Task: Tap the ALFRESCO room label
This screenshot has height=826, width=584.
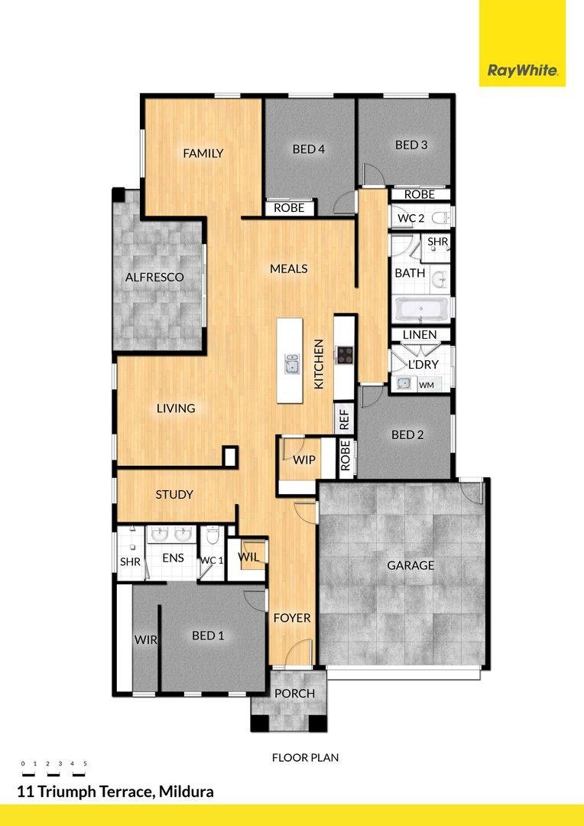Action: pos(154,277)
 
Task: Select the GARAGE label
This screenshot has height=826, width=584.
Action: pos(410,566)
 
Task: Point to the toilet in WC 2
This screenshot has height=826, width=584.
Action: pos(441,216)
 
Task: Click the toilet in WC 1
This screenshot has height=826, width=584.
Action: pos(213,535)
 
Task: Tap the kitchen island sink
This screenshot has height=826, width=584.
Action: pos(291,364)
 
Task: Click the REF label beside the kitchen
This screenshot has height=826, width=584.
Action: pos(345,419)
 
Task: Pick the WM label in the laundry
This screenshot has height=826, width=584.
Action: pos(426,385)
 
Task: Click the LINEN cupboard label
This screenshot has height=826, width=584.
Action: pos(420,335)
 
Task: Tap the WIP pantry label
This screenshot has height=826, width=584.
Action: pos(304,460)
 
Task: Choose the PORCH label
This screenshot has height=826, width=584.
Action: pos(294,694)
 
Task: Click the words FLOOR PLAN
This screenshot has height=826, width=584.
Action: pos(306,758)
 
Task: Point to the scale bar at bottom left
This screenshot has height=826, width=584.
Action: pos(54,769)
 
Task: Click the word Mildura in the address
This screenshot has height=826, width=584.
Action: pos(187,792)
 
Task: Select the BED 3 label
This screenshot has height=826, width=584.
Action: pos(411,145)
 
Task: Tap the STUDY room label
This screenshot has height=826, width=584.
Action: pos(174,495)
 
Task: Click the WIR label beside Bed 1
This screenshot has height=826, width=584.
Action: pos(146,640)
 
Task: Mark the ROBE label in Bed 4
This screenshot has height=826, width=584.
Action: pos(289,208)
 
